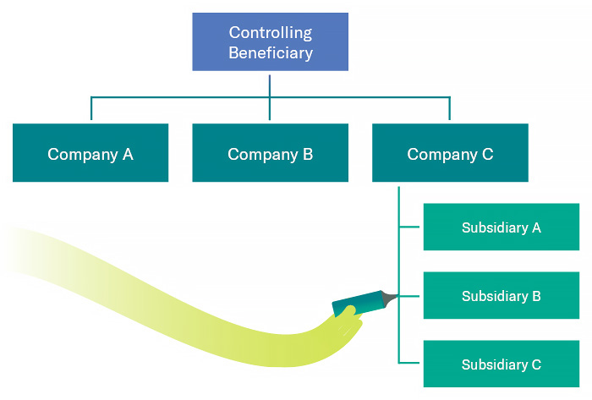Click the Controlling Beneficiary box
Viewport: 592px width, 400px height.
[x=270, y=41]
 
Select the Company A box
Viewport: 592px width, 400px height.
[x=90, y=153]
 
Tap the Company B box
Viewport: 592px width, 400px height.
[x=270, y=153]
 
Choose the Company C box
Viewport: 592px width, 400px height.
[x=450, y=153]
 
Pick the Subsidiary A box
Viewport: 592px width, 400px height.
[x=501, y=227]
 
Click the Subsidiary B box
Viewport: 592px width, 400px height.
[x=501, y=296]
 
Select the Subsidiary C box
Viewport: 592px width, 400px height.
[x=501, y=364]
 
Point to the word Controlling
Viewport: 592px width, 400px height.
[x=270, y=33]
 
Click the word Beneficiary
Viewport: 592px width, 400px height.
[x=270, y=52]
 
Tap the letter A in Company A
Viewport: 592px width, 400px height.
[x=128, y=154]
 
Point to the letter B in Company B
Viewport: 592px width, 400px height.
[x=308, y=154]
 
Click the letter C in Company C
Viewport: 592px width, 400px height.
[x=487, y=154]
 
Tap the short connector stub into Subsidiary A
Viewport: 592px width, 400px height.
[x=410, y=227]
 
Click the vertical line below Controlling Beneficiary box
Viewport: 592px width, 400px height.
[x=270, y=84]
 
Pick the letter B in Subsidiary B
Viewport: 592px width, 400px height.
[x=536, y=297]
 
